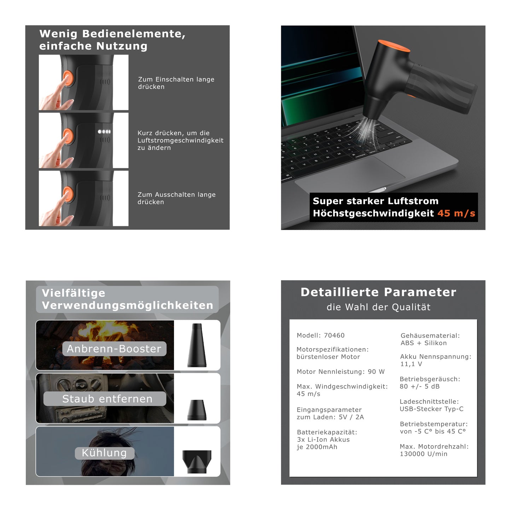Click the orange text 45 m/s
pyautogui.click(x=456, y=213)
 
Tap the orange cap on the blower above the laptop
pyautogui.click(x=394, y=45)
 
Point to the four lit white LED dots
pyautogui.click(x=104, y=132)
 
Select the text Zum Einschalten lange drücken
pyautogui.click(x=176, y=83)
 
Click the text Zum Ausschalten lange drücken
pyautogui.click(x=176, y=198)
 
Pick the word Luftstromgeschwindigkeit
pyautogui.click(x=180, y=140)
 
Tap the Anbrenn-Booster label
pyautogui.click(x=114, y=349)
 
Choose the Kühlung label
pyautogui.click(x=104, y=453)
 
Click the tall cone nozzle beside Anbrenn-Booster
pyautogui.click(x=197, y=345)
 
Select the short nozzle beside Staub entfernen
pyautogui.click(x=197, y=410)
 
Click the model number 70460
pyautogui.click(x=334, y=336)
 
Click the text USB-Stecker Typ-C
pyautogui.click(x=431, y=409)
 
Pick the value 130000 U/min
pyautogui.click(x=424, y=454)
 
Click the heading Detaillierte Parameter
pyautogui.click(x=378, y=292)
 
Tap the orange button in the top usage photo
pyautogui.click(x=68, y=78)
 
